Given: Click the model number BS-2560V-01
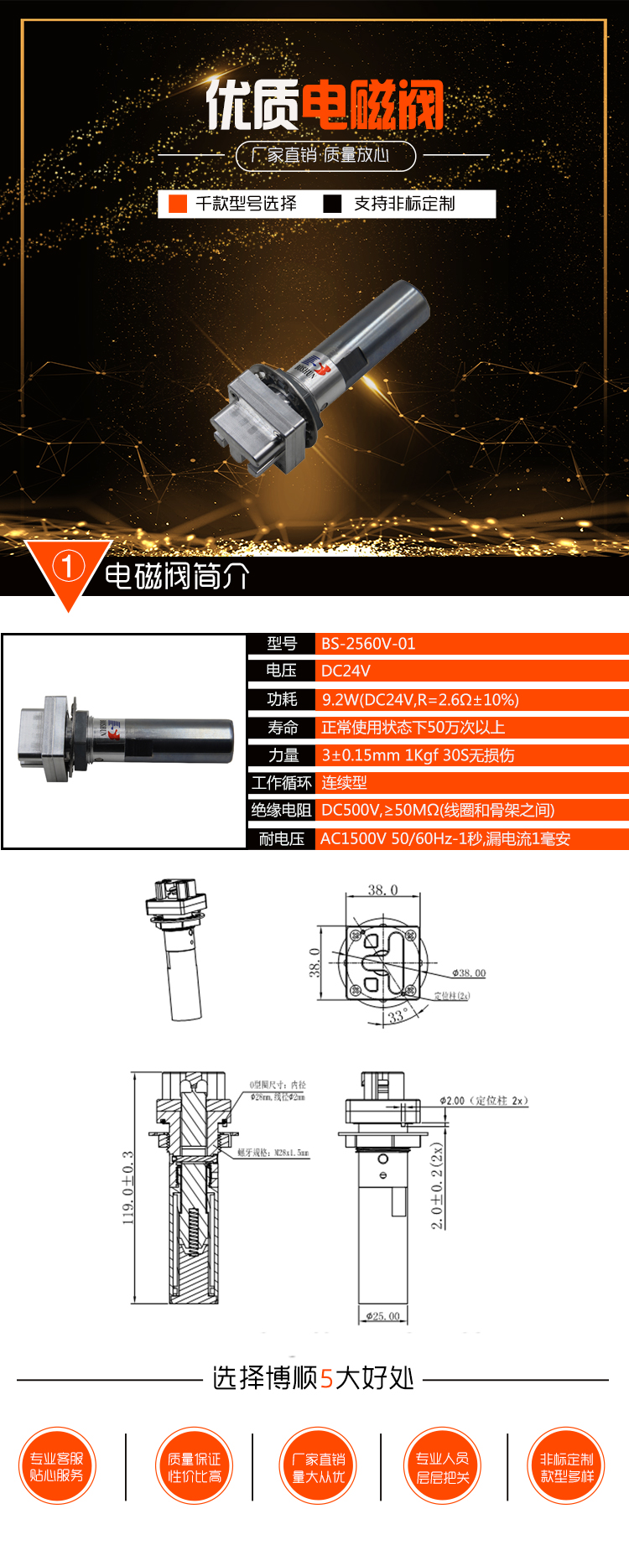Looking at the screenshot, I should (x=368, y=644).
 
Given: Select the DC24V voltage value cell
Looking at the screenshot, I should (x=346, y=671).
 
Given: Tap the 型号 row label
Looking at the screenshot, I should (x=282, y=644).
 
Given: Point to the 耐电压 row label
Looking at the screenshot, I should (x=282, y=839).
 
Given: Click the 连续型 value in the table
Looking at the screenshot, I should (x=345, y=783).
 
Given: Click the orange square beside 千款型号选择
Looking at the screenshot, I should (x=178, y=204).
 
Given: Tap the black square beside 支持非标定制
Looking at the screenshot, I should (x=333, y=204).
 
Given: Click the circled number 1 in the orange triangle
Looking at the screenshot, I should (x=68, y=567).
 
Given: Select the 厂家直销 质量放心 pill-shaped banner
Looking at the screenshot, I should (x=325, y=155).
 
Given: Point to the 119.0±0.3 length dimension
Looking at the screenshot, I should (x=128, y=1187).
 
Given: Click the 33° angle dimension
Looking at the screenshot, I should (x=397, y=1016).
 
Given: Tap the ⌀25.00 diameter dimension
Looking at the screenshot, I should (x=383, y=1316).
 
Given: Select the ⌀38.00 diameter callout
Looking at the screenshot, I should (x=469, y=973).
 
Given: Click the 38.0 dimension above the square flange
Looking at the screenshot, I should (x=382, y=890).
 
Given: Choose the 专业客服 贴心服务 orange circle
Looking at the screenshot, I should (x=57, y=1466).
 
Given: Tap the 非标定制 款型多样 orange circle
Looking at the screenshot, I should (x=567, y=1466).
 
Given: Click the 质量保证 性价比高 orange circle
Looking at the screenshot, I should (x=195, y=1466).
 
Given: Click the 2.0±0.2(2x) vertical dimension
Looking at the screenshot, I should (x=437, y=1185).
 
